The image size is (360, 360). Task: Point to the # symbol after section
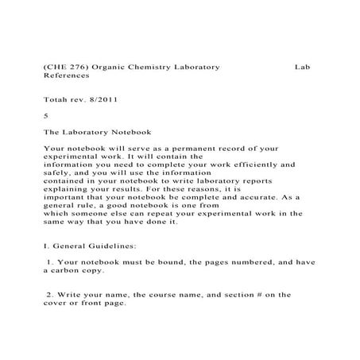coord(245,295)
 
